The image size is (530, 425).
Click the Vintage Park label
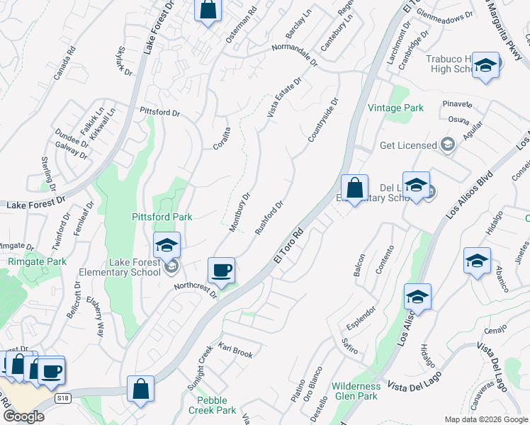[395, 108]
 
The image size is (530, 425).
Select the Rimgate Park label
[47, 261]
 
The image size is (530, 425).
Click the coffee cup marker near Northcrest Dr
[222, 271]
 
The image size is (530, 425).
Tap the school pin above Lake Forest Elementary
[167, 246]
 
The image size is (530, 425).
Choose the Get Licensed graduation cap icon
[447, 145]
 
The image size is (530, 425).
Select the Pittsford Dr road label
[160, 112]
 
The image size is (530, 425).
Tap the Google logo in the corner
[23, 416]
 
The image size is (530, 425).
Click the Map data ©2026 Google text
[486, 419]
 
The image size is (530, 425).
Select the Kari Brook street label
[235, 352]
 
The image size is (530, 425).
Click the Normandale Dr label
[295, 55]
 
